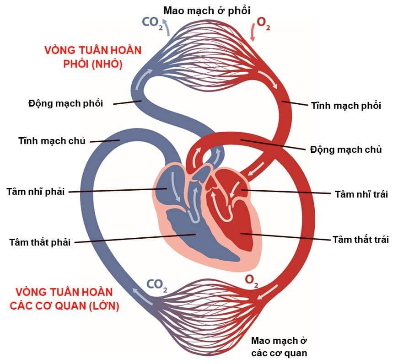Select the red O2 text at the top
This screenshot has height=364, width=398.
[x=263, y=24]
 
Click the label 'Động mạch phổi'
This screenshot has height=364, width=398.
[x=65, y=103]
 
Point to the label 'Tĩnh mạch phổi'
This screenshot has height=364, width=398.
[x=346, y=106]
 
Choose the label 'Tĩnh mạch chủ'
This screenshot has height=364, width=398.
[x=52, y=140]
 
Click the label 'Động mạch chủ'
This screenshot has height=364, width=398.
[x=346, y=149]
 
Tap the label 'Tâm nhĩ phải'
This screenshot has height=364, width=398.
[x=35, y=191]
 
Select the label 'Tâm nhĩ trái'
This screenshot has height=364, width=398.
[x=361, y=194]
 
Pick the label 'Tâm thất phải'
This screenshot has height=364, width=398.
[x=40, y=242]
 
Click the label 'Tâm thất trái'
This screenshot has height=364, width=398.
[x=360, y=239]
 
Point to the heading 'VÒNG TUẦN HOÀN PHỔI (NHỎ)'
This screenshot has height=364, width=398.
[x=93, y=57]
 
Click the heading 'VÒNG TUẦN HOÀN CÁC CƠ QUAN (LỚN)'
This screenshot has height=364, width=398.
[x=64, y=299]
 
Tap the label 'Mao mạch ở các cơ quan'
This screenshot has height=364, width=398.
[x=279, y=347]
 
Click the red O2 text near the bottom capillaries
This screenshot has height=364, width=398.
[x=252, y=280]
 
